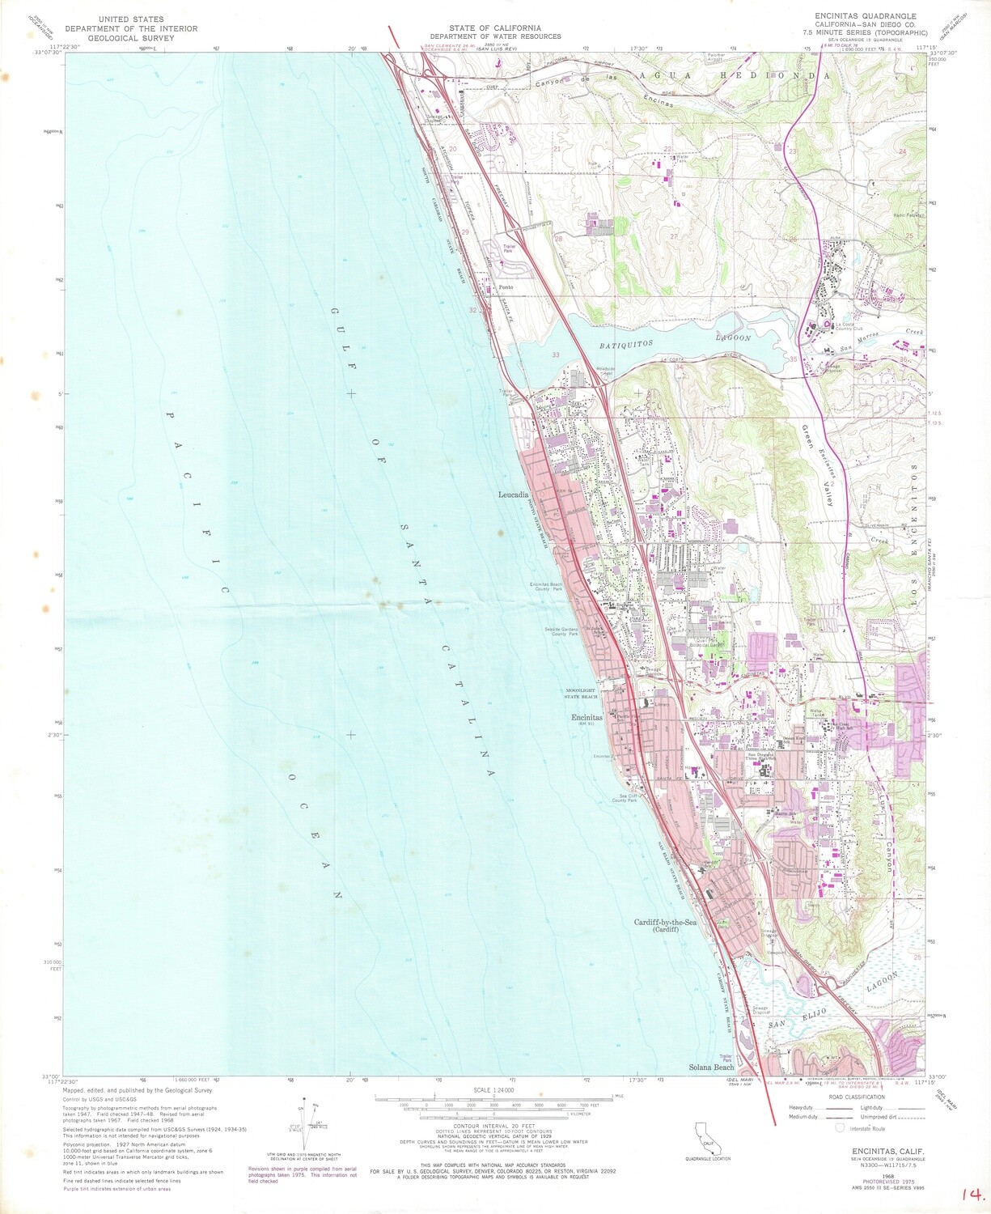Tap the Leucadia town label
tap(513, 494)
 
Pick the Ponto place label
tap(506, 287)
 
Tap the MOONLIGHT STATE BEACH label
tap(581, 694)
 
